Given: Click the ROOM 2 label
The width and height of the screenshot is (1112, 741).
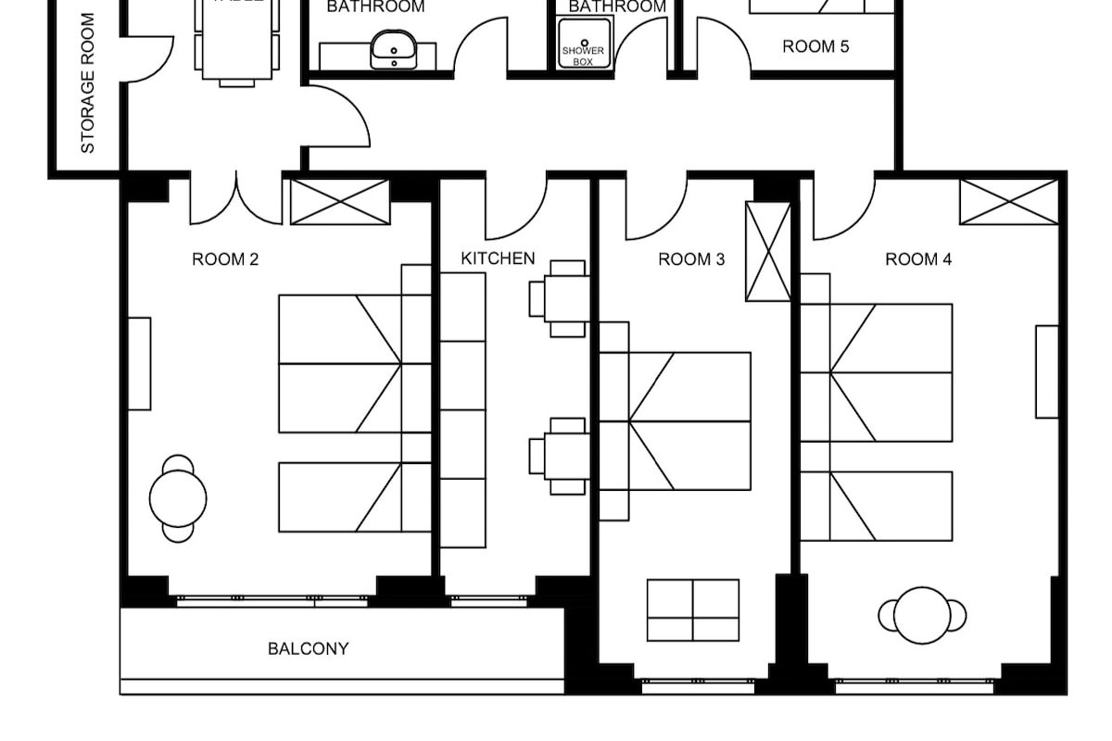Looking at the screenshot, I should click(225, 259).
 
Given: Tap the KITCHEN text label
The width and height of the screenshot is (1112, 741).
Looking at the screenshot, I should click(498, 258).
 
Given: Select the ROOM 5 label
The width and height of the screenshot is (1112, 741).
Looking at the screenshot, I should click(815, 46).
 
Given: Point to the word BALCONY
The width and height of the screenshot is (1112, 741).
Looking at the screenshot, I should click(309, 649).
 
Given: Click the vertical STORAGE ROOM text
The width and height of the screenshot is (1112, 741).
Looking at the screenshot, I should click(88, 83).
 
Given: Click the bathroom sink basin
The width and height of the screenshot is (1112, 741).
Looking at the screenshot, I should click(394, 48).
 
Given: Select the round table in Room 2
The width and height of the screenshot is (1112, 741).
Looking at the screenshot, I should click(178, 498).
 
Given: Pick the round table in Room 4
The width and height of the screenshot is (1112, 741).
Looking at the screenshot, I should click(922, 615).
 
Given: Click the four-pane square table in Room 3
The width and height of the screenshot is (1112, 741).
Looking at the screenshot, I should click(693, 610).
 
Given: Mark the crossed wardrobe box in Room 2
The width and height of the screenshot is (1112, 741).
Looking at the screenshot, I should click(340, 202).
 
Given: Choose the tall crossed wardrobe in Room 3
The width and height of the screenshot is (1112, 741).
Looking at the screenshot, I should click(768, 252).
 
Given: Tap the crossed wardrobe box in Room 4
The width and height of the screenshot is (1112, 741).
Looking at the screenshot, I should click(1008, 202).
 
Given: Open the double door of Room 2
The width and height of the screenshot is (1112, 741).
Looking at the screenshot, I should click(236, 199).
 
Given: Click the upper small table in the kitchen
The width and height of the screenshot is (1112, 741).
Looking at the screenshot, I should click(560, 298).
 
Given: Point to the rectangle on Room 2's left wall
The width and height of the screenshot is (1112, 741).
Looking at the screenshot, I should click(139, 364).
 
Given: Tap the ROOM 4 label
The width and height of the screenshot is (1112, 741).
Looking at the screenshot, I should click(918, 259).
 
